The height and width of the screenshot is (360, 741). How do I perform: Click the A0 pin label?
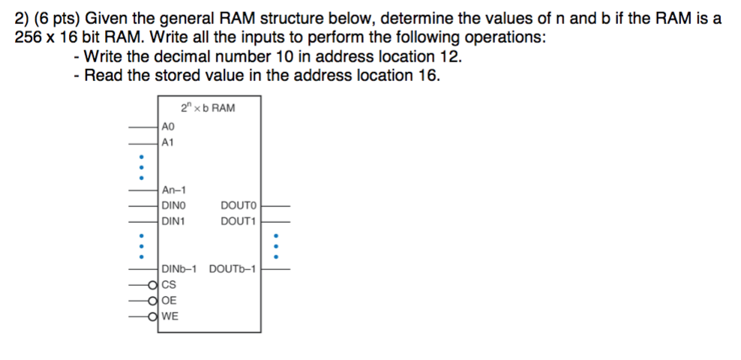click(x=168, y=127)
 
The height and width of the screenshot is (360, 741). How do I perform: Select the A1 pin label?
click(x=168, y=141)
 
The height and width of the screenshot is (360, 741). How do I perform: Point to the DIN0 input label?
click(x=173, y=205)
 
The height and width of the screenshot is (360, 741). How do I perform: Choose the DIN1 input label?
click(x=173, y=221)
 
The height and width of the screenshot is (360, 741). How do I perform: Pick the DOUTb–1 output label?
click(x=232, y=269)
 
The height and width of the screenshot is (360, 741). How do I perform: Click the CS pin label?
click(x=169, y=285)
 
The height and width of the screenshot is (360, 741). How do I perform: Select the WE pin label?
click(x=170, y=316)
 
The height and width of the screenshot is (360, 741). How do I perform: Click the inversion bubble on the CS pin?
click(x=154, y=285)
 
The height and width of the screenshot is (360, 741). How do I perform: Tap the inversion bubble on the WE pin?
click(x=154, y=316)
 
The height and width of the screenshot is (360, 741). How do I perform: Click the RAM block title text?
click(x=208, y=108)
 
